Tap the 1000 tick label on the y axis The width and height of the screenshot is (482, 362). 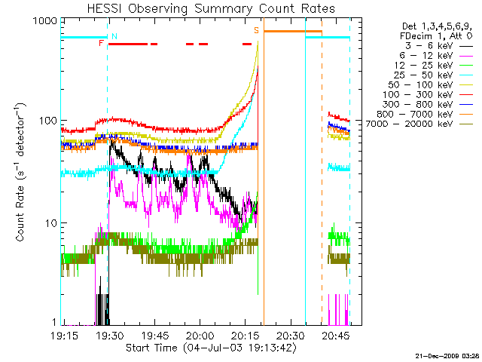tap(44, 22)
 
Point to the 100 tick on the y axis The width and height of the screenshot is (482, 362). tap(47, 121)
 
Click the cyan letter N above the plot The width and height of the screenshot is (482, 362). tap(114, 35)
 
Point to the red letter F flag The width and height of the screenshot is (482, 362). tap(101, 44)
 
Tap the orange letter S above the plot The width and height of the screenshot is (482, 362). tap(256, 30)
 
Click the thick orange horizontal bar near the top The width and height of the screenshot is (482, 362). tap(292, 32)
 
